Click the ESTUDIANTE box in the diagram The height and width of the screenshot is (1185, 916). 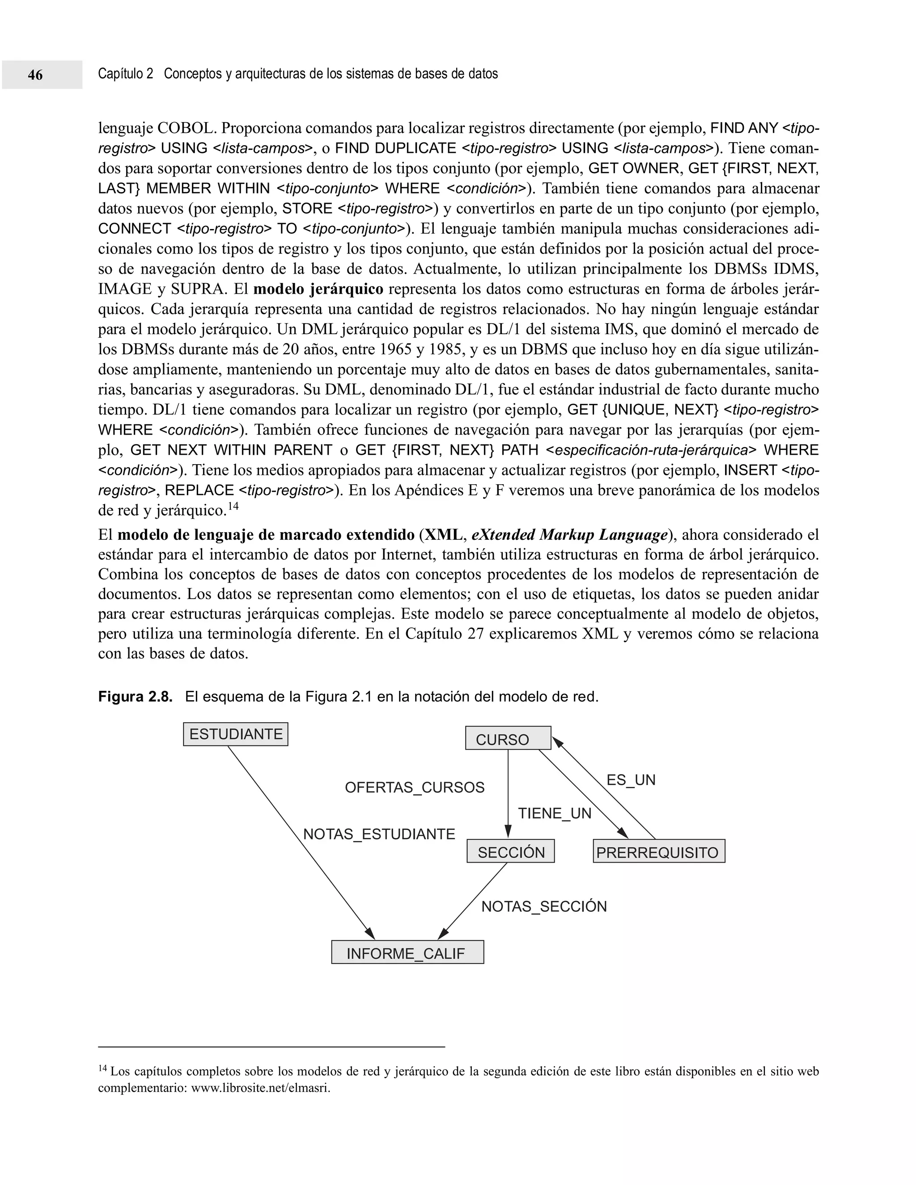236,734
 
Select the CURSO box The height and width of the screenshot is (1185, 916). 508,738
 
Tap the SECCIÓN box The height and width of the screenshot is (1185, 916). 511,851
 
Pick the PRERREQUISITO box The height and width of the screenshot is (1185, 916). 658,851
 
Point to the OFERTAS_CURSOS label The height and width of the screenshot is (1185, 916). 415,787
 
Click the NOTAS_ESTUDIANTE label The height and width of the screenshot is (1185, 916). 379,834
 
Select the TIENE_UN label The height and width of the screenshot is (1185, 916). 554,813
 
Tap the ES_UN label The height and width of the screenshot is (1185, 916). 631,780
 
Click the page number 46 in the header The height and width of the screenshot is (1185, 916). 35,75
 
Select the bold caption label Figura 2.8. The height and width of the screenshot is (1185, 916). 135,697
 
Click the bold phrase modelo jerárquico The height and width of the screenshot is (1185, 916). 318,289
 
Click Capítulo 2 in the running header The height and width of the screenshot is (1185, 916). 125,74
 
